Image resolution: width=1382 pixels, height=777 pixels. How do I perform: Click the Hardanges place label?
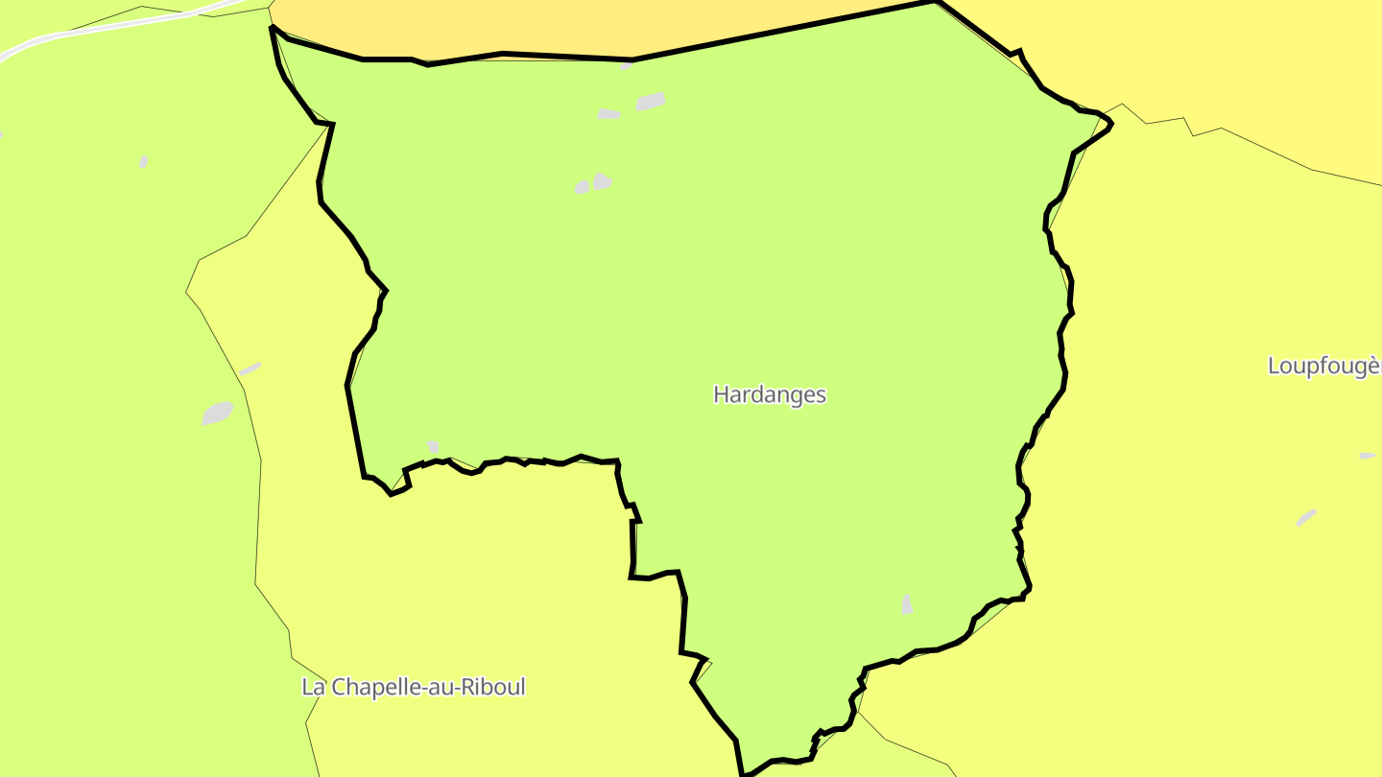(770, 394)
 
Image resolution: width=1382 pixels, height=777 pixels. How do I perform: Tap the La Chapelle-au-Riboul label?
(414, 687)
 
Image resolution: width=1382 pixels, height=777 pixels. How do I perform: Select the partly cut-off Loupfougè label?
(1323, 365)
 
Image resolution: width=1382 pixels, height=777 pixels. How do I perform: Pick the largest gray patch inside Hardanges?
(650, 101)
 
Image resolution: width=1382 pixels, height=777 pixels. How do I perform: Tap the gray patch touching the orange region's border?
(626, 66)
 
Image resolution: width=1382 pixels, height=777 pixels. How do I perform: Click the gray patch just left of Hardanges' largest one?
(608, 114)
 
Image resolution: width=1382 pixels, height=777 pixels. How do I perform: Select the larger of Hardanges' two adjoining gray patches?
(602, 180)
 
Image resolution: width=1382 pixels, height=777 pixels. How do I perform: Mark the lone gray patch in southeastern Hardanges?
(906, 604)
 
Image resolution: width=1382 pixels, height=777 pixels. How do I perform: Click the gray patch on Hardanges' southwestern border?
(433, 446)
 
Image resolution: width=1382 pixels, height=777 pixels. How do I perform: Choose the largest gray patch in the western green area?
(218, 412)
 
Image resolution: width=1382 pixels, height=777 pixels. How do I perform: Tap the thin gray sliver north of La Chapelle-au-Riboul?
(250, 368)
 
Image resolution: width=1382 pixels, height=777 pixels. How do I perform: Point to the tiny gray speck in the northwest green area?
(143, 162)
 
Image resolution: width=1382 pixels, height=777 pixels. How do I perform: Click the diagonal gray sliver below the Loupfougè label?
(1306, 517)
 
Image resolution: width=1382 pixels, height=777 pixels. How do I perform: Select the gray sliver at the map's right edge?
(1368, 456)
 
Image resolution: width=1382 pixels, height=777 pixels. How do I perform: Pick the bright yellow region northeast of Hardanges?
(1200, 58)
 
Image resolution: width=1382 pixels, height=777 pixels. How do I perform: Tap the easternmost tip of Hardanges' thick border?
(1111, 124)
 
